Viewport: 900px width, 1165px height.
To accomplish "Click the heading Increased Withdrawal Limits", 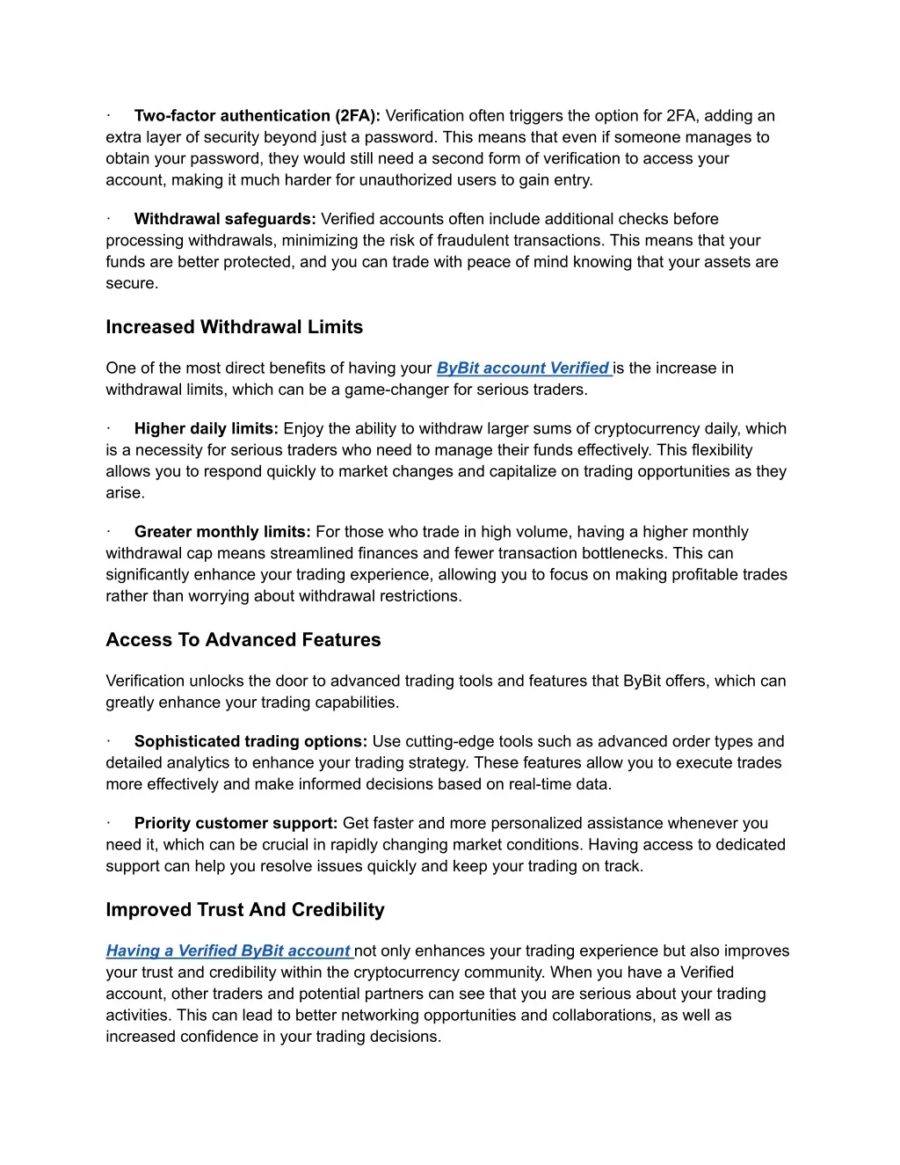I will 234,327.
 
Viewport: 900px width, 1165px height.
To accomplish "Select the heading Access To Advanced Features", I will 243,640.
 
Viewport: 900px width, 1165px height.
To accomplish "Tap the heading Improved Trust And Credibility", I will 245,910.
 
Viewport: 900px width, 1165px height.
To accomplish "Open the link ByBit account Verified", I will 523,368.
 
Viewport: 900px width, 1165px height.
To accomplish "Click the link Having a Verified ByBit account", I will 229,951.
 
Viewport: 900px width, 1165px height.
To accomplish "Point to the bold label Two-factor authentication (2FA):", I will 257,116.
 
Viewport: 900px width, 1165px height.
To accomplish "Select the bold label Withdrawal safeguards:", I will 225,219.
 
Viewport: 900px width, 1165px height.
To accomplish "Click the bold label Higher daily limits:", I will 207,429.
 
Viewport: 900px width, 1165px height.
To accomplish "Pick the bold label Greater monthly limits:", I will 222,532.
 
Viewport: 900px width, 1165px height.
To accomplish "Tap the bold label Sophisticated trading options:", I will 250,742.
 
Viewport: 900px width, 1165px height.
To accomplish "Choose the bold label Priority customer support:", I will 236,824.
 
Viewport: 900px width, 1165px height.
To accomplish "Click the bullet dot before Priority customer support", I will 108,824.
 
